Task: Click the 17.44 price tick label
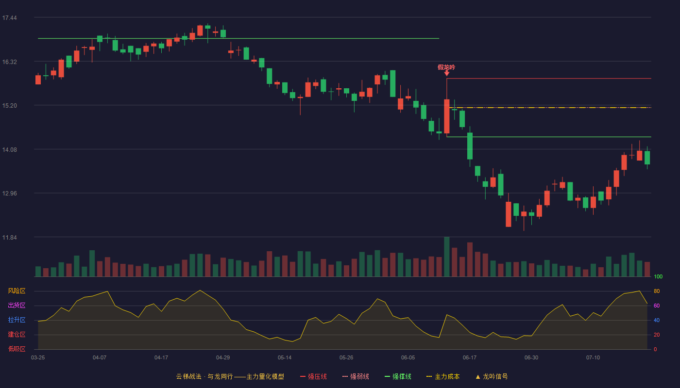9,18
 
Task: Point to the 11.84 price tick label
9,237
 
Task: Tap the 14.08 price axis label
9,150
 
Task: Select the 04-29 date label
223,358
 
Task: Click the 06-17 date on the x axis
470,358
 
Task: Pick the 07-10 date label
593,358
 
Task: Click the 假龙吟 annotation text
446,67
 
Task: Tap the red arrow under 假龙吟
446,73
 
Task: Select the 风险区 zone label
17,291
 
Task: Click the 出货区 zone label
17,305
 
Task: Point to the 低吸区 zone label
17,349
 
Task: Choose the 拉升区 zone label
17,320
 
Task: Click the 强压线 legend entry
313,376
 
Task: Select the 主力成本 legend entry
443,376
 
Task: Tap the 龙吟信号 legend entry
492,376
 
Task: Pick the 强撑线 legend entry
398,376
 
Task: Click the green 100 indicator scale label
658,276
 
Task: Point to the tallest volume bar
446,257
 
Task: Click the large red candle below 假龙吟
446,116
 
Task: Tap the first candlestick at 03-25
38,80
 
